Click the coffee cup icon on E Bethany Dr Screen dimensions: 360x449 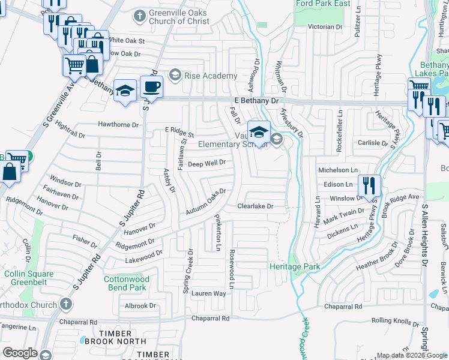(151, 87)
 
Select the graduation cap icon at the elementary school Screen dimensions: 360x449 (259, 131)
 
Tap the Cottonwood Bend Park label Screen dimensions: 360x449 (125, 283)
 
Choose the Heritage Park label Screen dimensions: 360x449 (294, 266)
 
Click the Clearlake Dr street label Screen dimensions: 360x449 (255, 206)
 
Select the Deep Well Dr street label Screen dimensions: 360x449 (206, 163)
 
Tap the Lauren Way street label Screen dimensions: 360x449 (208, 293)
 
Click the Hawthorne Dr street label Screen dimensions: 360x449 (118, 125)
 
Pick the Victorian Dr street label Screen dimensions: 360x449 (324, 27)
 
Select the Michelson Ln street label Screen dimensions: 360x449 (339, 171)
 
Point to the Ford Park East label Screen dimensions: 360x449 (323, 4)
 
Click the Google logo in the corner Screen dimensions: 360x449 (20, 353)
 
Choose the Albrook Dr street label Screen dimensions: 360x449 (140, 306)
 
